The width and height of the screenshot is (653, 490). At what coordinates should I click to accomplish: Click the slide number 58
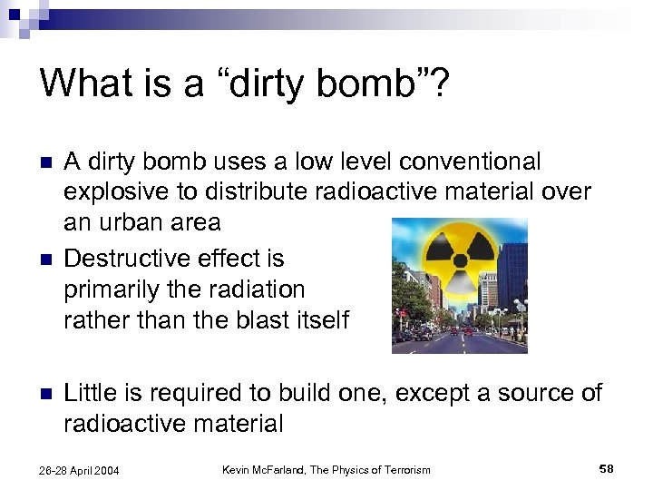point(607,468)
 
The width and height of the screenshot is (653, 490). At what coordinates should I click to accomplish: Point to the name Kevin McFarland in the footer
point(266,469)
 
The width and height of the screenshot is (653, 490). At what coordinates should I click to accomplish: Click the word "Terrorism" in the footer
point(403,469)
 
